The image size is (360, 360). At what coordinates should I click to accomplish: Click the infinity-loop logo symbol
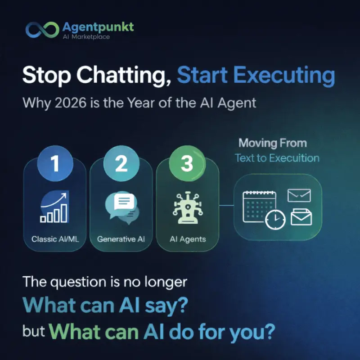(x=42, y=30)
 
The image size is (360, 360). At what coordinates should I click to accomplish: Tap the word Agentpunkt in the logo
(x=98, y=27)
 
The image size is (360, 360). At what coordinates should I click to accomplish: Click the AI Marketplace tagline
(x=86, y=37)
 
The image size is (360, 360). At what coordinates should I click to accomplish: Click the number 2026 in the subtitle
(x=71, y=103)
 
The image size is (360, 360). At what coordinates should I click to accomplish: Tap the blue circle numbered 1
(x=55, y=163)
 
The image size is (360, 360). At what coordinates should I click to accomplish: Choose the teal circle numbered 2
(x=121, y=163)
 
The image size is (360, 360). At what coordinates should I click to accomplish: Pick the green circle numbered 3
(x=187, y=163)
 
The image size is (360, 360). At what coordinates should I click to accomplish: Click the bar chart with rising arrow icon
(x=54, y=207)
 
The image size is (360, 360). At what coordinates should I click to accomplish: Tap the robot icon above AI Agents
(x=188, y=207)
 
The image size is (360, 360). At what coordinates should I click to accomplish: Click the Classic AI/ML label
(x=55, y=239)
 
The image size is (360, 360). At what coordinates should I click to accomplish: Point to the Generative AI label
(x=121, y=239)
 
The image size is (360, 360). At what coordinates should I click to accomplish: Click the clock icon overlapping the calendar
(x=275, y=220)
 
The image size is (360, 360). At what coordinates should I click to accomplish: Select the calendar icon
(x=260, y=207)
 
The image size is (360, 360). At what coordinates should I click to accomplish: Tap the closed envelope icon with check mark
(x=299, y=195)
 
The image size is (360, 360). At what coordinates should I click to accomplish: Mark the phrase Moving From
(x=273, y=143)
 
